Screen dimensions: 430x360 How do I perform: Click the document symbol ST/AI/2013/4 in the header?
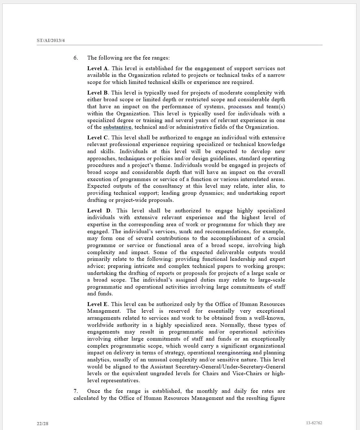pyautogui.click(x=51, y=41)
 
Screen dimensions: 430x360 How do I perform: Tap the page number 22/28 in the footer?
pyautogui.click(x=42, y=424)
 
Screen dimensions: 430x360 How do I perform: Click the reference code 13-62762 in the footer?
pyautogui.click(x=314, y=423)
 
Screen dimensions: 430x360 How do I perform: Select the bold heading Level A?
pyautogui.click(x=97, y=68)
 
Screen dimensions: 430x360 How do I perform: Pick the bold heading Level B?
pyautogui.click(x=97, y=93)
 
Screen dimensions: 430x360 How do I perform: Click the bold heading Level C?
pyautogui.click(x=97, y=137)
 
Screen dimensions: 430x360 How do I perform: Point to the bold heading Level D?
pyautogui.click(x=99, y=211)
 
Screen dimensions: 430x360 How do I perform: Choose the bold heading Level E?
pyautogui.click(x=97, y=304)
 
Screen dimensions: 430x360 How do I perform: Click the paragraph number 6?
pyautogui.click(x=76, y=58)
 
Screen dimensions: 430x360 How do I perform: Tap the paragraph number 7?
pyautogui.click(x=76, y=391)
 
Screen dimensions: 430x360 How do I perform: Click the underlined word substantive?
pyautogui.click(x=117, y=127)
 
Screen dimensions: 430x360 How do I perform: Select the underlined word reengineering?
pyautogui.click(x=234, y=353)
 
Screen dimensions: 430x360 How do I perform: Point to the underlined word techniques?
pyautogui.click(x=131, y=158)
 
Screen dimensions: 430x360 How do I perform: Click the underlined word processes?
pyautogui.click(x=240, y=106)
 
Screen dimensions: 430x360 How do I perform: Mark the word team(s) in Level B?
pyautogui.click(x=275, y=106)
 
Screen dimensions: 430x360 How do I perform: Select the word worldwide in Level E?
pyautogui.click(x=100, y=325)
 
